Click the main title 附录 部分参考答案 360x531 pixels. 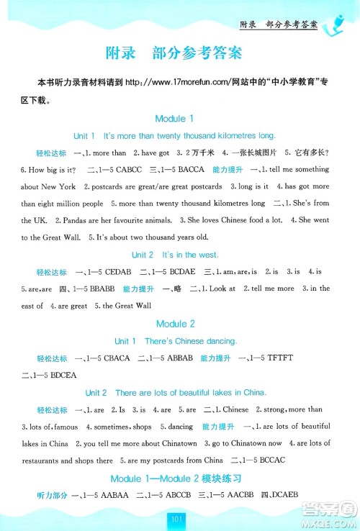[x=180, y=53]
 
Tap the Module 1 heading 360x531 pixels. [x=180, y=118]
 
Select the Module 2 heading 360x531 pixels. [x=180, y=324]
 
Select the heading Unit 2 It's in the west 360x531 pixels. [x=180, y=255]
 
